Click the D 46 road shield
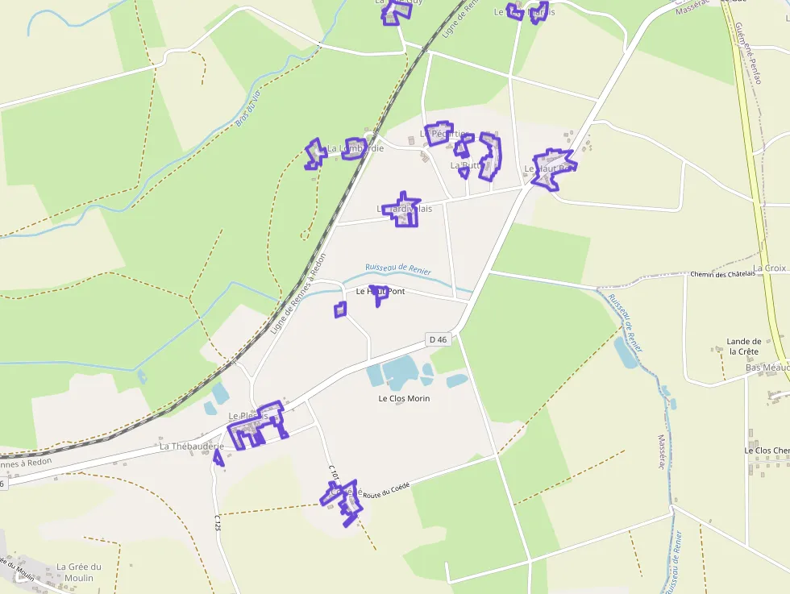(438, 339)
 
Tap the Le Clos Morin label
(404, 398)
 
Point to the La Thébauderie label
(191, 446)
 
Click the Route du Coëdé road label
(386, 490)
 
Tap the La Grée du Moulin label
(79, 572)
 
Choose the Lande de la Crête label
(743, 346)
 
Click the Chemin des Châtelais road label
(722, 274)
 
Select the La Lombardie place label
(355, 148)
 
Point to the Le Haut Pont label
(380, 290)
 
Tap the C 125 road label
(217, 522)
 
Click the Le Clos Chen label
(766, 450)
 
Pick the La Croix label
(770, 268)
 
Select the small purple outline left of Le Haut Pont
(340, 309)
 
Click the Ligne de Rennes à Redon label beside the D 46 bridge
(299, 294)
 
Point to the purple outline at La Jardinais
(401, 209)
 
